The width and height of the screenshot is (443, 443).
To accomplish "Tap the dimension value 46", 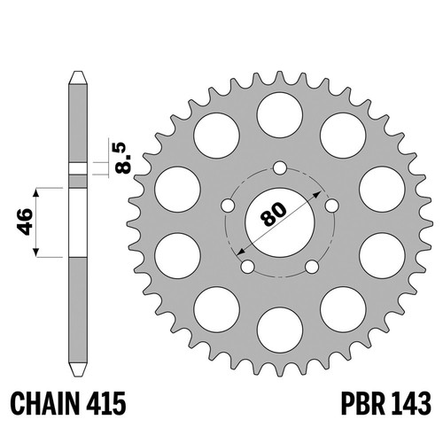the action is pyautogui.click(x=25, y=221).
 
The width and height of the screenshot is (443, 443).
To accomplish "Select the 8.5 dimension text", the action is pyautogui.click(x=124, y=158).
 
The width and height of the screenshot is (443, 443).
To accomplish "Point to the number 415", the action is pyautogui.click(x=106, y=404).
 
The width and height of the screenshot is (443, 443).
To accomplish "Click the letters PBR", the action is pyautogui.click(x=363, y=404).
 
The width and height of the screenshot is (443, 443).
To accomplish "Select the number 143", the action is pyautogui.click(x=411, y=404).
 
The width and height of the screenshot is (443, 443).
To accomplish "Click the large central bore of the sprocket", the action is pyautogui.click(x=280, y=222).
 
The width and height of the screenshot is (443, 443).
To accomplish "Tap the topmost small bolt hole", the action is pyautogui.click(x=280, y=168).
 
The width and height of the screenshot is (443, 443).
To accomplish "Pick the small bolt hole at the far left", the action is pyautogui.click(x=228, y=206).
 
